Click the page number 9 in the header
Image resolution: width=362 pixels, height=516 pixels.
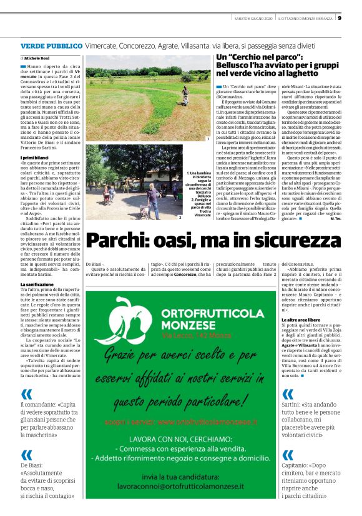pyautogui.click(x=356, y=18)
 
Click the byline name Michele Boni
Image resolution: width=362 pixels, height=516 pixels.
pyautogui.click(x=39, y=58)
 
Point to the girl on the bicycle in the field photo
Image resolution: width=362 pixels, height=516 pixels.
pyautogui.click(x=185, y=94)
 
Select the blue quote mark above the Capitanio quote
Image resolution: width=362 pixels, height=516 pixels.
pyautogui.click(x=288, y=455)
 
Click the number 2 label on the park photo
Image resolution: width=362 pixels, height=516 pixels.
pyautogui.click(x=180, y=218)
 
